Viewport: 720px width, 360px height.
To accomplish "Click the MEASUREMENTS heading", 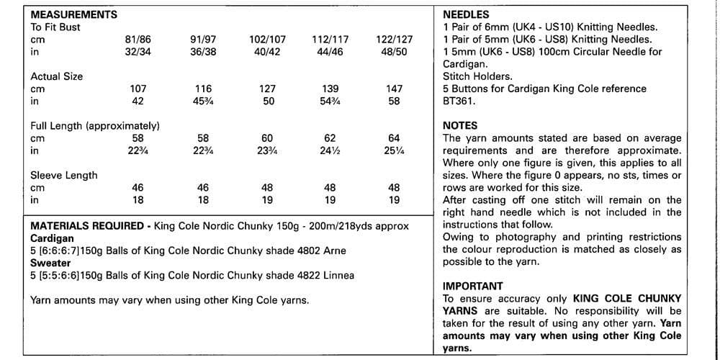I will click(x=74, y=14).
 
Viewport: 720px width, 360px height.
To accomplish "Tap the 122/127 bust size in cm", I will click(x=394, y=40).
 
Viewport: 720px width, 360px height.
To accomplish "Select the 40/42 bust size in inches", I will click(x=266, y=52).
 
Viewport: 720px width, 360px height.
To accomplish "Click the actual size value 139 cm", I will click(x=330, y=89).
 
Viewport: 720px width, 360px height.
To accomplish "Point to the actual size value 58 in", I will click(x=394, y=102).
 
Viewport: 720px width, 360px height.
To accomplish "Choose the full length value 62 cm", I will click(x=330, y=138).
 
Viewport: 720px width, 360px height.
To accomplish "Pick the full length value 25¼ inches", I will click(x=394, y=150).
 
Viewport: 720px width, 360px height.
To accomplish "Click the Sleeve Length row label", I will click(x=64, y=175).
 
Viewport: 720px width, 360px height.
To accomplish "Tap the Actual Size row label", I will click(x=57, y=76).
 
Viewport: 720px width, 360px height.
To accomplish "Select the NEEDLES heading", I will click(x=466, y=14).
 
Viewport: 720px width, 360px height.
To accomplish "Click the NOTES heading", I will click(x=460, y=126).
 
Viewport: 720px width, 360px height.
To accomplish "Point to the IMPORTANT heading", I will click(x=472, y=286).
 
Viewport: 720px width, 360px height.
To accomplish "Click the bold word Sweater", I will click(x=50, y=263).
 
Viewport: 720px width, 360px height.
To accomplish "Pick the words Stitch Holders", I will click(x=477, y=76).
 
